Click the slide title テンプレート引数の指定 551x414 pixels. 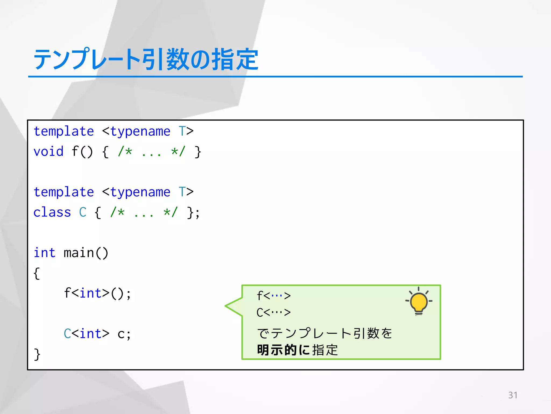pos(146,59)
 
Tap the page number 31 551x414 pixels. pos(513,395)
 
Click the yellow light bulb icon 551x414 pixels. pos(419,302)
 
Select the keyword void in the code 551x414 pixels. pos(48,151)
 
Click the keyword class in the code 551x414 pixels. pos(52,212)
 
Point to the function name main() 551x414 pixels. pos(86,253)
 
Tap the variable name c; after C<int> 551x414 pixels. pos(124,334)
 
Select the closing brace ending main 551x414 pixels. pos(37,354)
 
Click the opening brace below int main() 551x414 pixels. pos(37,273)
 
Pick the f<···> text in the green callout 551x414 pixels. pos(274,296)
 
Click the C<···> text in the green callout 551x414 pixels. pos(274,312)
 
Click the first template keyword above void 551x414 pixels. pos(64,132)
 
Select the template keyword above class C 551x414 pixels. pos(64,192)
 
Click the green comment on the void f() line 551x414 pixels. pos(152,151)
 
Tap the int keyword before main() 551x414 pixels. pos(44,253)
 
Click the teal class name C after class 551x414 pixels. pos(83,212)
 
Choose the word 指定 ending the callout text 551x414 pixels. pos(325,350)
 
